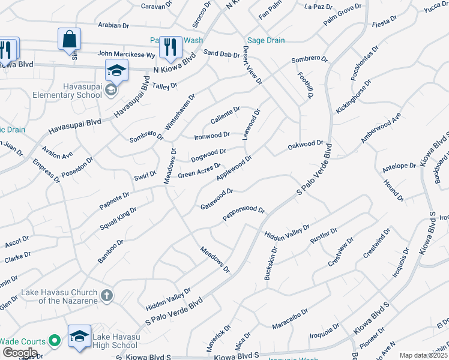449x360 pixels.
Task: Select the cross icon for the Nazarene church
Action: coord(107,295)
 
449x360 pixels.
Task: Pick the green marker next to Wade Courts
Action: coord(55,341)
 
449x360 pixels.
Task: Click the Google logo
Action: coord(20,352)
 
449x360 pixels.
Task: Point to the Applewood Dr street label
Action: coord(234,167)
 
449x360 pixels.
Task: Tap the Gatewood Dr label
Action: coord(217,199)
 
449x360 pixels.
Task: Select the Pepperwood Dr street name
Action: coord(244,214)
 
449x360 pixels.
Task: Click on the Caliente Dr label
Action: coord(225,115)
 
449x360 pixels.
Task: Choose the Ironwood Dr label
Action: coord(212,136)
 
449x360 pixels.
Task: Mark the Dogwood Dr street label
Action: coord(208,155)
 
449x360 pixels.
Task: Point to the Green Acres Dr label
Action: coord(199,170)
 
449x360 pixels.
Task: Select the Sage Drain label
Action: coord(264,40)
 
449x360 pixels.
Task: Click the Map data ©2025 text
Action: coord(423,355)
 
